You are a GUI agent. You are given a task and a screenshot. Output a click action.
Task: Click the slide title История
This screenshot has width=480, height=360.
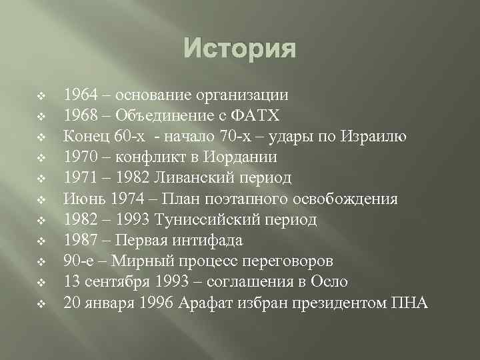pyautogui.click(x=239, y=49)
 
